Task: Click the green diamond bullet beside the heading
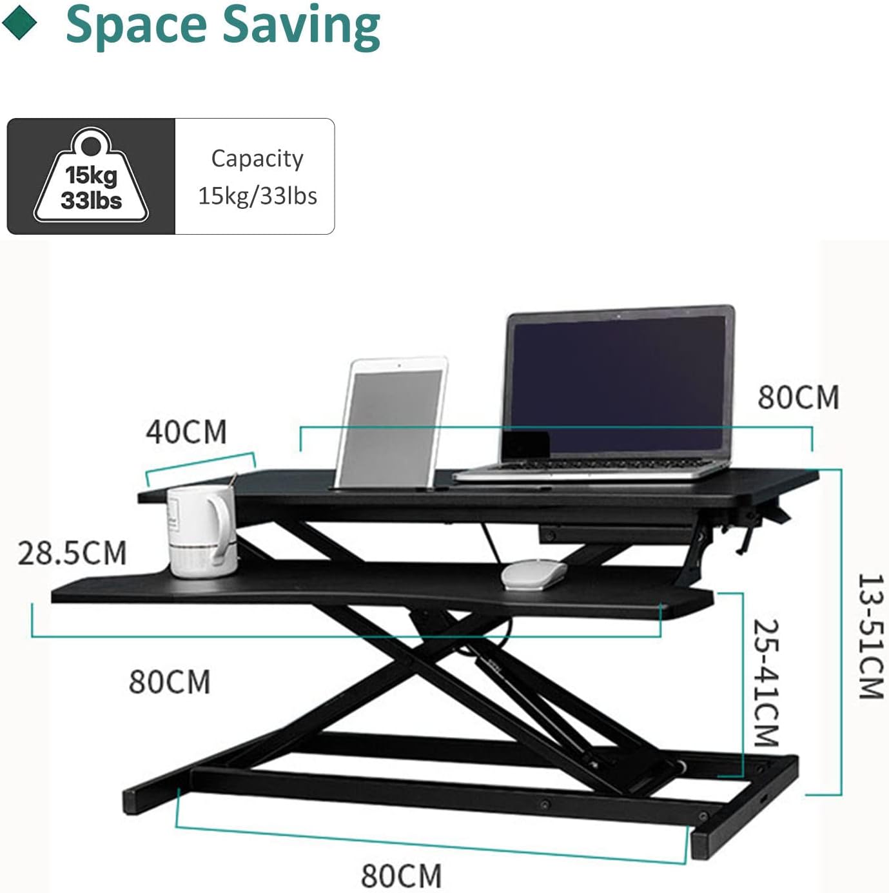tap(19, 24)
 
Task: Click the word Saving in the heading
tap(302, 27)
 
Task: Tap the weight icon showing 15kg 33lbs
tap(92, 175)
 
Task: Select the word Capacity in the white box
tap(257, 159)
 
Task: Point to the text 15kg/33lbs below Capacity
tap(258, 195)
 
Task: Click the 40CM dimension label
tap(186, 432)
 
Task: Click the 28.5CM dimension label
tap(72, 553)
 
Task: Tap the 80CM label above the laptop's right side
tap(798, 397)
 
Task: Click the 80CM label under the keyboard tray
tap(170, 682)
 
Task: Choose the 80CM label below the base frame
tap(402, 876)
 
